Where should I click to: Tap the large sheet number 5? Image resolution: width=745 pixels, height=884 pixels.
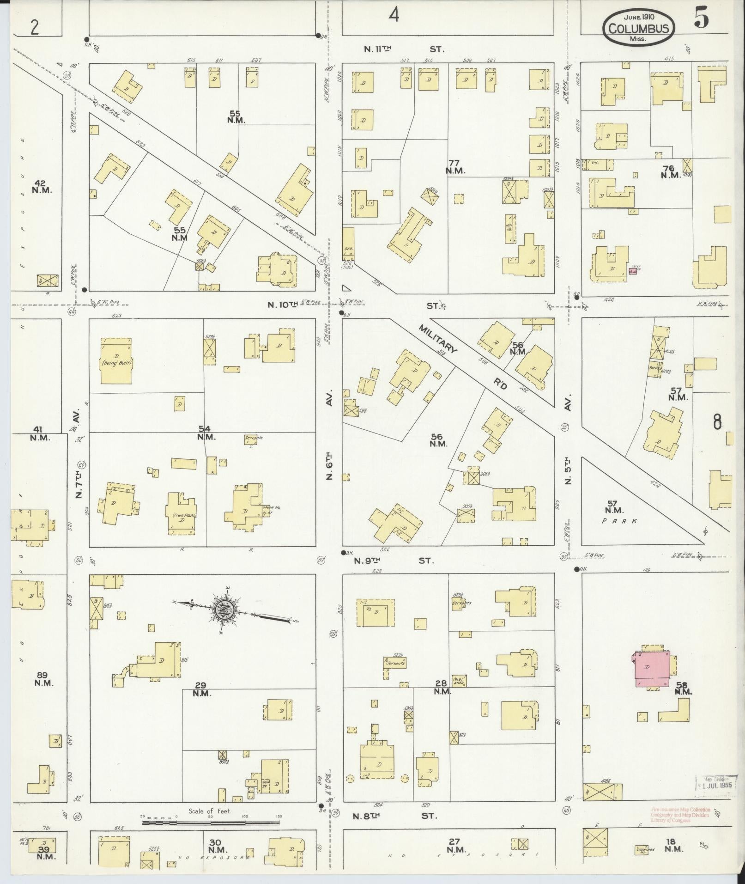coord(701,20)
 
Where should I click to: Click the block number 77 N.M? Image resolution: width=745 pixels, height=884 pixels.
coord(455,166)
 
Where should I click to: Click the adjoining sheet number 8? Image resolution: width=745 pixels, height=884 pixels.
coord(717,422)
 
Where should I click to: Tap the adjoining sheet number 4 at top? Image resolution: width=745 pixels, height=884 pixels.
coord(393,16)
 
